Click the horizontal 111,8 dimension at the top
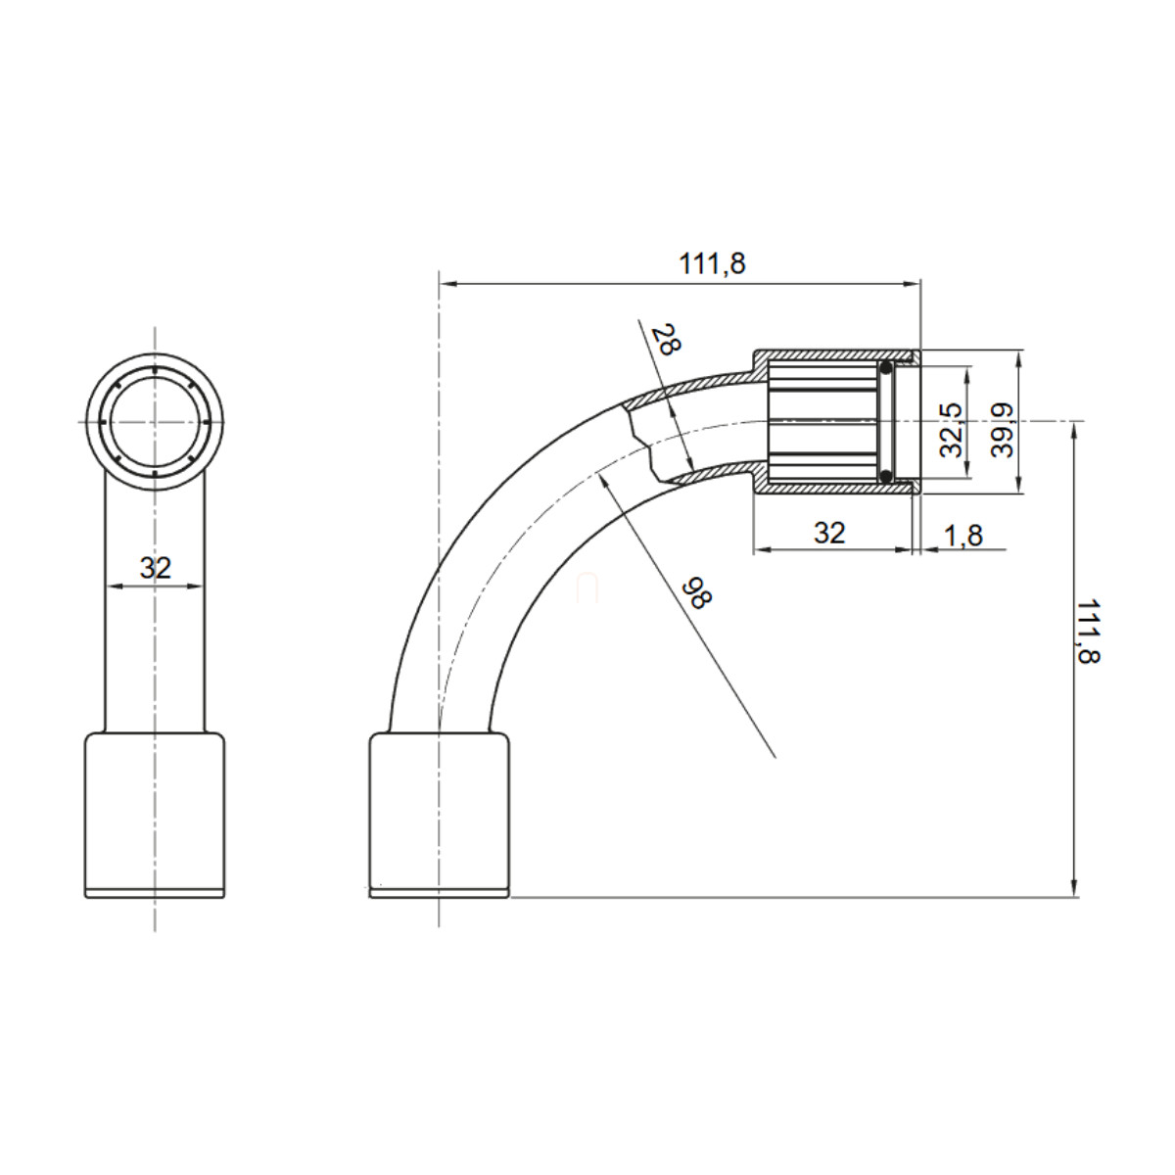pos(712,264)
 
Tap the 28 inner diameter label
pos(665,340)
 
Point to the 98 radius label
pos(696,591)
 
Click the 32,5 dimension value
pos(952,430)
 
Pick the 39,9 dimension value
pos(1002,430)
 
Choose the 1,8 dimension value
pos(963,536)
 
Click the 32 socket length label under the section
pos(829,534)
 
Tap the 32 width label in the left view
pos(156,568)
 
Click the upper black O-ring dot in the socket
pos(886,368)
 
